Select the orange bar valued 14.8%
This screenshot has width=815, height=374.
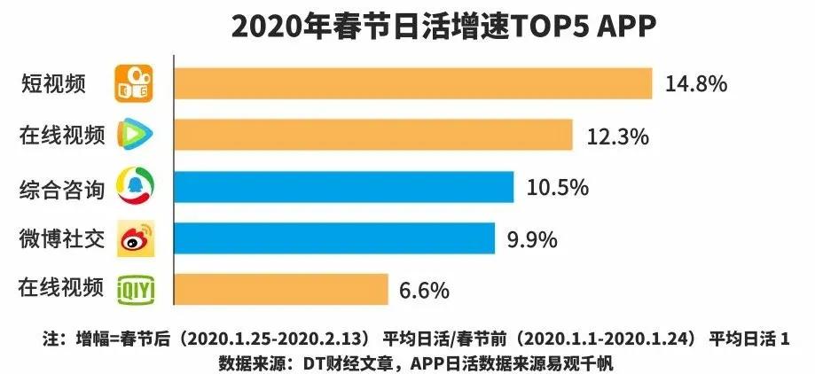(x=413, y=84)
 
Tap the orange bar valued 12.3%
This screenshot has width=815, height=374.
(x=372, y=136)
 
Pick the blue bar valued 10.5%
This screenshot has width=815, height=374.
(x=344, y=187)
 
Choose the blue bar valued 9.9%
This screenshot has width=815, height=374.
(x=334, y=238)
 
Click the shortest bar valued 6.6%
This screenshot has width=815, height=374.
(x=281, y=289)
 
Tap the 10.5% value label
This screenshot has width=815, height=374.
(x=558, y=188)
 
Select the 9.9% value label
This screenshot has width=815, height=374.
(x=532, y=238)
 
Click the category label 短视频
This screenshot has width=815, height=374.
(x=53, y=84)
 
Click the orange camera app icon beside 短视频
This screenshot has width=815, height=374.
(x=136, y=82)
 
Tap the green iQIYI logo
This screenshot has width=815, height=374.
(x=136, y=289)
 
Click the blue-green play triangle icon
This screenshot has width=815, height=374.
(x=136, y=136)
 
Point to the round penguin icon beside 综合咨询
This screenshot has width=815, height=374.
(x=136, y=187)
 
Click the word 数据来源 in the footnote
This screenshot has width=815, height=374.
(x=248, y=362)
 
